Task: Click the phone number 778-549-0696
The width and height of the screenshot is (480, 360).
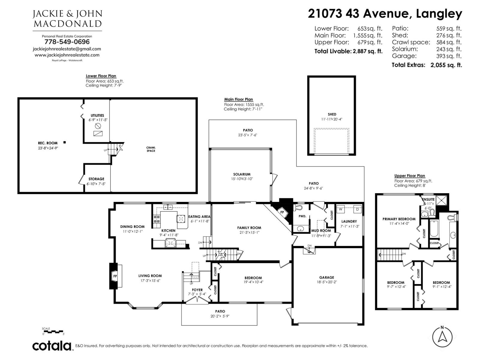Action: click(67, 42)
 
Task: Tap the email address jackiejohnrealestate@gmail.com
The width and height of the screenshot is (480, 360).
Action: click(67, 49)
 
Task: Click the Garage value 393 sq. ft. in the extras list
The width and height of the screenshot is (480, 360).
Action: click(449, 56)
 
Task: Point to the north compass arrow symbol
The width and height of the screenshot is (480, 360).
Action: click(442, 336)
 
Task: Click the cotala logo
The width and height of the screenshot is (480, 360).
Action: click(52, 346)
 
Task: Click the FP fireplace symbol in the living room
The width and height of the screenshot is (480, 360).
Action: click(115, 276)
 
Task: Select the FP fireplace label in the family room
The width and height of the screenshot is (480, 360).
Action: click(282, 212)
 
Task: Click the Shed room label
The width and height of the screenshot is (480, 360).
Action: click(332, 114)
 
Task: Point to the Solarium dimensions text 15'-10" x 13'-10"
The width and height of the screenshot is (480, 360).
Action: click(242, 179)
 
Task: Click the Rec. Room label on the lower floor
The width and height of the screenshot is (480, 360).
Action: click(48, 143)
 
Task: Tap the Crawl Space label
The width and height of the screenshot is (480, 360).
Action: click(151, 149)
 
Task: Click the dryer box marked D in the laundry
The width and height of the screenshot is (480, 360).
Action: click(357, 209)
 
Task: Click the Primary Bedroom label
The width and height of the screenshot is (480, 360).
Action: click(399, 219)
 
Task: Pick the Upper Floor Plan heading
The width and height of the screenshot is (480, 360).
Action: click(409, 176)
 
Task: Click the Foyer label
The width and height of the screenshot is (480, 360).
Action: click(197, 290)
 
